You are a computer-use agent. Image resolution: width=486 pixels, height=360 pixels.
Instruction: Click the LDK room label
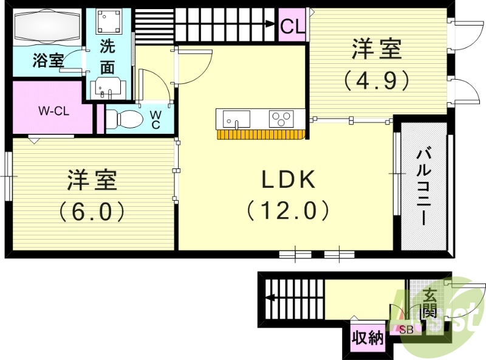pos(288,180)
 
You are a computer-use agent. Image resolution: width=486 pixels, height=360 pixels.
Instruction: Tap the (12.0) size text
pos(288,211)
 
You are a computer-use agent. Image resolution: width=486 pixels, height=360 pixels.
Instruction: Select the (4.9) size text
pos(377,80)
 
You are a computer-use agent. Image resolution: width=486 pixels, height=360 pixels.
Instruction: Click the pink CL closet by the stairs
pos(292,27)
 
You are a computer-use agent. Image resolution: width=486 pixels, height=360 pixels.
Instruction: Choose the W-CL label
pos(52,111)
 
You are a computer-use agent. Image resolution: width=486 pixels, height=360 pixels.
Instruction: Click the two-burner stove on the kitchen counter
pos(281,117)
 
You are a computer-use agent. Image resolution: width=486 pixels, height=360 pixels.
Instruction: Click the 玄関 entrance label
pos(429,304)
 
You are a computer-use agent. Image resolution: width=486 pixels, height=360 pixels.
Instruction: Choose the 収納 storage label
pos(368,337)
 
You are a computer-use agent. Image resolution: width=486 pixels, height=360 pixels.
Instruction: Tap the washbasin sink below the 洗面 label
pos(109,89)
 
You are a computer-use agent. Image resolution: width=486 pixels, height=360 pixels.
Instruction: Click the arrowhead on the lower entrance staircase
pos(269,298)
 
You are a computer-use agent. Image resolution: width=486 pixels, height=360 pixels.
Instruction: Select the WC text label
pos(156,119)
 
